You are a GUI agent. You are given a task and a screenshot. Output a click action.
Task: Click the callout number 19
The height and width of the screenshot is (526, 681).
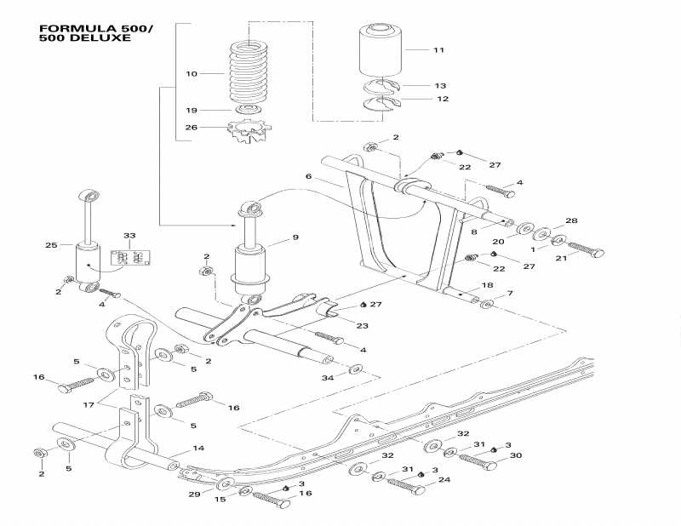coord(192,111)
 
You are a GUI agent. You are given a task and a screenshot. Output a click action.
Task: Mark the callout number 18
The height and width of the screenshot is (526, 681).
coord(488,285)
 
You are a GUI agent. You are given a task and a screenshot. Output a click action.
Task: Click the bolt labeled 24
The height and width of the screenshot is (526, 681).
coord(407,488)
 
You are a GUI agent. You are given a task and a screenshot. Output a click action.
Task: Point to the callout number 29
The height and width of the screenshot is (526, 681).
coord(194,494)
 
